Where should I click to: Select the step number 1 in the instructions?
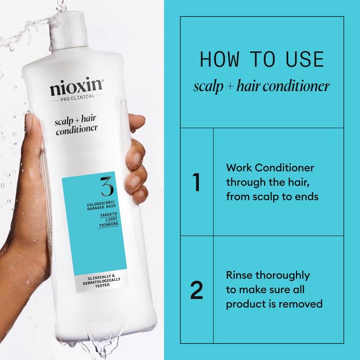(x=196, y=182)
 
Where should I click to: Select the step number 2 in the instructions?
(x=196, y=290)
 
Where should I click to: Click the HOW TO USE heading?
(x=261, y=59)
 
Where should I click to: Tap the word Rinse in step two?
(x=240, y=275)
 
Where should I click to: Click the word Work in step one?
(x=239, y=168)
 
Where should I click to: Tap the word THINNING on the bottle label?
(x=107, y=224)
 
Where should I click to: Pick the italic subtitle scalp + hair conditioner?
(x=261, y=86)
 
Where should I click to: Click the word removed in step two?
(x=301, y=303)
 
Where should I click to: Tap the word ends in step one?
(x=305, y=196)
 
